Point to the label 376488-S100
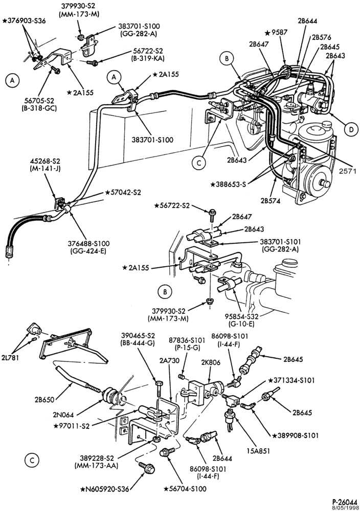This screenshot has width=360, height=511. coord(88,243)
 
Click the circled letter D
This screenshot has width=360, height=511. coord(351,130)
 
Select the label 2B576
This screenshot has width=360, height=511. coord(322,37)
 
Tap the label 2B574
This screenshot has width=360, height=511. coord(271,200)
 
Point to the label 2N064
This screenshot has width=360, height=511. coord(63,414)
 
